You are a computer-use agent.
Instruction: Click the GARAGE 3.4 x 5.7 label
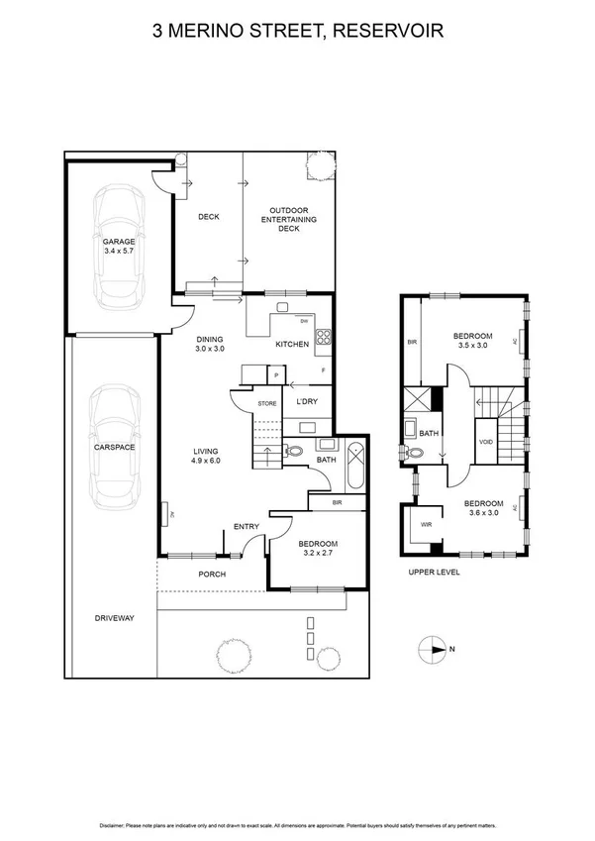(x=118, y=247)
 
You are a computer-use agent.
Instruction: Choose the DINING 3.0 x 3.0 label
(x=210, y=343)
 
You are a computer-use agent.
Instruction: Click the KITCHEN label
(x=292, y=344)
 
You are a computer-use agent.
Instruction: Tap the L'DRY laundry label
(x=307, y=401)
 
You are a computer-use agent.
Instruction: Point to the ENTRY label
(x=246, y=526)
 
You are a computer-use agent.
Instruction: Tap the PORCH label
(x=212, y=574)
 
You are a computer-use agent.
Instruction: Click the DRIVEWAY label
(x=114, y=618)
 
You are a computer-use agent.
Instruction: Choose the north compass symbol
(x=433, y=650)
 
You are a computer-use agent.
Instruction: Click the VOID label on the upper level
(x=485, y=441)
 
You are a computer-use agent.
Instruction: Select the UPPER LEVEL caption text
(x=433, y=573)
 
